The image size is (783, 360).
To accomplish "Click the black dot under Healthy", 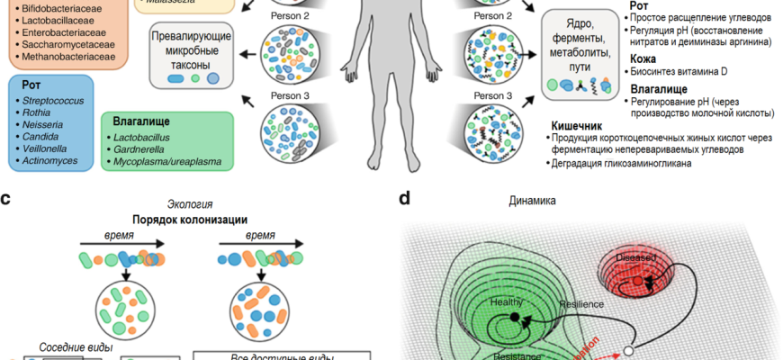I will pyautogui.click(x=513, y=317).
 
